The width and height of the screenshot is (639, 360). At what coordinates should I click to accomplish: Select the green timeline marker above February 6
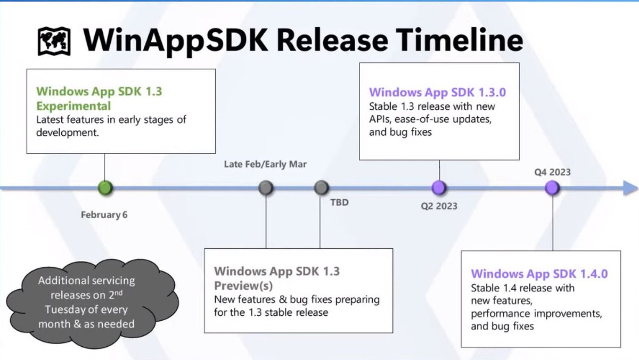pos(105,187)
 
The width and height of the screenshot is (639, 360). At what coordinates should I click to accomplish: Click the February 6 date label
pos(104,215)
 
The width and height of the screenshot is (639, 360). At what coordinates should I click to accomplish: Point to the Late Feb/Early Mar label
pos(265,164)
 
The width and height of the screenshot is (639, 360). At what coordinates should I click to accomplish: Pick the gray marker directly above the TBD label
pos(321,187)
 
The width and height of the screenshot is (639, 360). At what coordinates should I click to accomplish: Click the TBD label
pos(339,202)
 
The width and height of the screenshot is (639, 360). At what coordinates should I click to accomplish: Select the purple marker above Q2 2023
pos(439,187)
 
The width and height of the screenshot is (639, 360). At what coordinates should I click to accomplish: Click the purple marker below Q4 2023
pos(552,187)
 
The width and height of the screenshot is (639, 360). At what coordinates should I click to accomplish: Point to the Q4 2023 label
pos(553,172)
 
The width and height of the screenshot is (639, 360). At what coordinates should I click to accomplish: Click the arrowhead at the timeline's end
pos(630,187)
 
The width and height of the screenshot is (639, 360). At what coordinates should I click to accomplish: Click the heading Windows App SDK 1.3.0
pos(438,92)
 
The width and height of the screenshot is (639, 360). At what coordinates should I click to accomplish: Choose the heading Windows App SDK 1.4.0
pos(539,274)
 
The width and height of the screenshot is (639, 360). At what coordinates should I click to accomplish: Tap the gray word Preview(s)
pos(243,285)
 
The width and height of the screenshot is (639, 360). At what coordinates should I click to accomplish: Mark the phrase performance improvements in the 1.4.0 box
pos(536,314)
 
